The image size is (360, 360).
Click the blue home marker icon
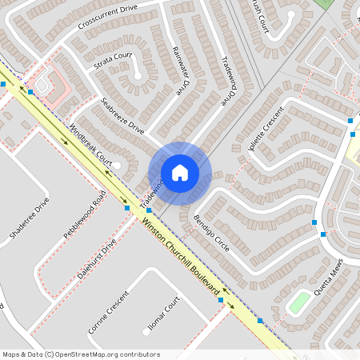pos(180,173)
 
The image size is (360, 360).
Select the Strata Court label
pos(113,60)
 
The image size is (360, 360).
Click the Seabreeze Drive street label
pos(124,116)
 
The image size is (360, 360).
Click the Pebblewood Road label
pos(88,214)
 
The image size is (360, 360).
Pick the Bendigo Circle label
pos(211,233)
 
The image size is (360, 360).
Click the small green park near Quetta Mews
pos(299,302)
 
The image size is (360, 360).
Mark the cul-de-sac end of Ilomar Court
pos(145,330)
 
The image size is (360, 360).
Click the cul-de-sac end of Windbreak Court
pos(117,165)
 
